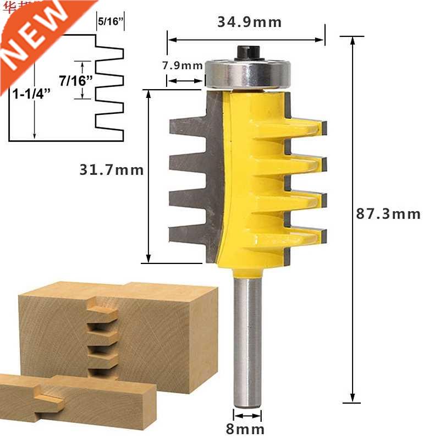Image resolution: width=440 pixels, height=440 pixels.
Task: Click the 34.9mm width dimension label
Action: coord(249,23)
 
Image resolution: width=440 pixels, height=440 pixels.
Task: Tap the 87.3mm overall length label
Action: coord(388,214)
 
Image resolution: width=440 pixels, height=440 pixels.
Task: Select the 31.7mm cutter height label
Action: coord(112,170)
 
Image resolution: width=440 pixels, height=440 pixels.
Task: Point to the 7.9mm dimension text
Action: coord(183,65)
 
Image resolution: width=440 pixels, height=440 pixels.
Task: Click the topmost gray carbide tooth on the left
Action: coord(187,127)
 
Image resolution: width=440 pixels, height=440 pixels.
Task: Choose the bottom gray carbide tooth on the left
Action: coord(187,234)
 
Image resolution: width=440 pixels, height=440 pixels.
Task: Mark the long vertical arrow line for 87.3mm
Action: coord(351,220)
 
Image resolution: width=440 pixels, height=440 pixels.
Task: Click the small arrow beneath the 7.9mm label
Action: coord(184,81)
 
